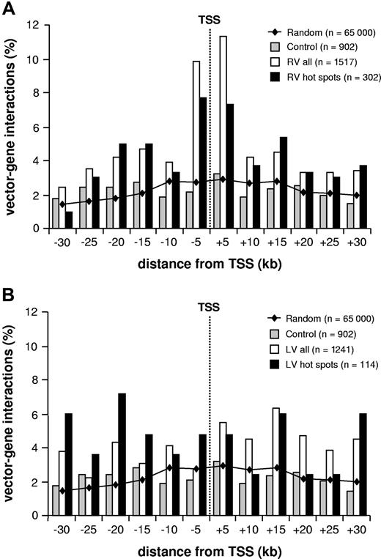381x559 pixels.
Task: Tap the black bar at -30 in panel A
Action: click(x=69, y=220)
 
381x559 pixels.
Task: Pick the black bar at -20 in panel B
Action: click(x=122, y=454)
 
